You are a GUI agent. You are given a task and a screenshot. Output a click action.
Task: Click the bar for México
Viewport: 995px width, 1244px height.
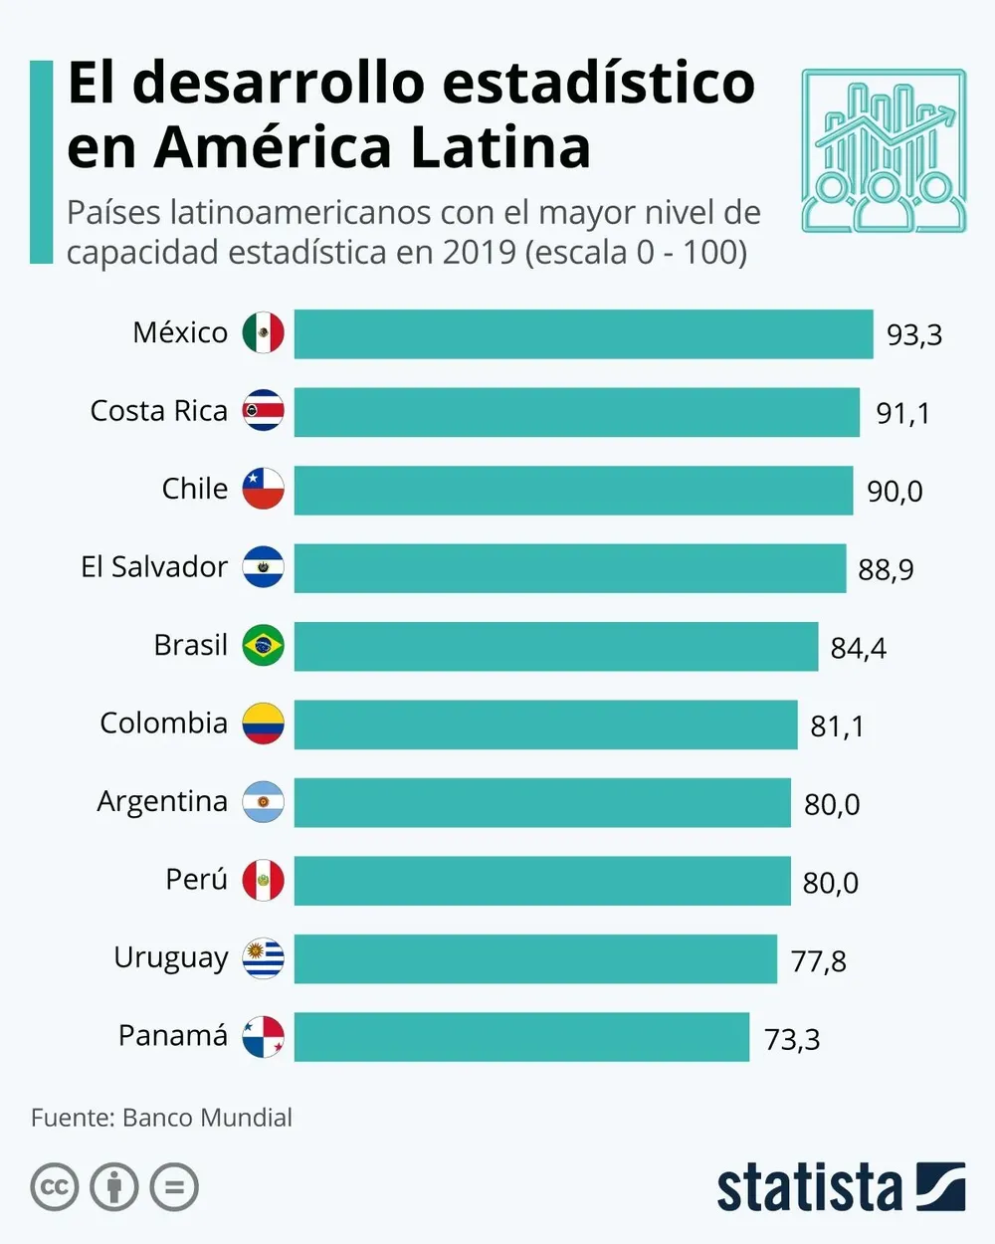pyautogui.click(x=583, y=333)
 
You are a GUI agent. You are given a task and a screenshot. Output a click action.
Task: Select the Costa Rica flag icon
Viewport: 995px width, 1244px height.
pyautogui.click(x=264, y=411)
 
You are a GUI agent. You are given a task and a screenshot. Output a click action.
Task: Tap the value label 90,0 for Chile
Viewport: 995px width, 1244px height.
pyautogui.click(x=895, y=491)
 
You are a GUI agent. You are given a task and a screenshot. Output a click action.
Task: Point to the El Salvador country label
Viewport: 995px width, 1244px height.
pyautogui.click(x=154, y=567)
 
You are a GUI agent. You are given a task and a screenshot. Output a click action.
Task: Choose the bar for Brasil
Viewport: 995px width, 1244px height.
pyautogui.click(x=555, y=646)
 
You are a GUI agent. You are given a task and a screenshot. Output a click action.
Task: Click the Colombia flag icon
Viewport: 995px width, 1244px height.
pyautogui.click(x=264, y=724)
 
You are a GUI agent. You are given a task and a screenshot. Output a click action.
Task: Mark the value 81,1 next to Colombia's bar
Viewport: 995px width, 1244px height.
pyautogui.click(x=837, y=726)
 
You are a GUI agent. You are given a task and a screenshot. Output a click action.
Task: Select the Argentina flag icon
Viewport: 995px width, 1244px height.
pyautogui.click(x=264, y=802)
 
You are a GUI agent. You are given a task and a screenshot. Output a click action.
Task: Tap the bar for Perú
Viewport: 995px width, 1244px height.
pyautogui.click(x=542, y=881)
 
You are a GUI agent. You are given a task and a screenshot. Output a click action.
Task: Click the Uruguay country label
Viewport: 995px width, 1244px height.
pyautogui.click(x=171, y=958)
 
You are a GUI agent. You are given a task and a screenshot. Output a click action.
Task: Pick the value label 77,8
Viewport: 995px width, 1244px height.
pyautogui.click(x=818, y=961)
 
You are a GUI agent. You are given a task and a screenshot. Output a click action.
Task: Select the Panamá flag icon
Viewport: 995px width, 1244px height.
pyautogui.click(x=264, y=1037)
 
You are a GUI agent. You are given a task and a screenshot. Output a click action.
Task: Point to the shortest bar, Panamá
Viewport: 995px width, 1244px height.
pyautogui.click(x=521, y=1037)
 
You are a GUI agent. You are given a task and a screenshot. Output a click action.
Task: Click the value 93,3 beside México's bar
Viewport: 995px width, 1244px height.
pyautogui.click(x=913, y=334)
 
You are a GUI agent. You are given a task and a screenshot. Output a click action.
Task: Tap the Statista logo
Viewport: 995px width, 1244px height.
pyautogui.click(x=841, y=1187)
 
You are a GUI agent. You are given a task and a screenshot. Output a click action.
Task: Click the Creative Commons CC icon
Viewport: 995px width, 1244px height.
pyautogui.click(x=55, y=1187)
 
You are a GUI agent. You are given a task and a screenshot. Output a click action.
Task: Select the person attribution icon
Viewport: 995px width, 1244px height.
pyautogui.click(x=114, y=1187)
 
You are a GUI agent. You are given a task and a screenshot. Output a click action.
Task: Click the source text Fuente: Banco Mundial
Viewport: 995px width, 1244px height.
pyautogui.click(x=161, y=1118)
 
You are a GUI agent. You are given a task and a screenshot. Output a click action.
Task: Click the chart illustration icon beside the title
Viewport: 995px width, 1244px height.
pyautogui.click(x=884, y=150)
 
